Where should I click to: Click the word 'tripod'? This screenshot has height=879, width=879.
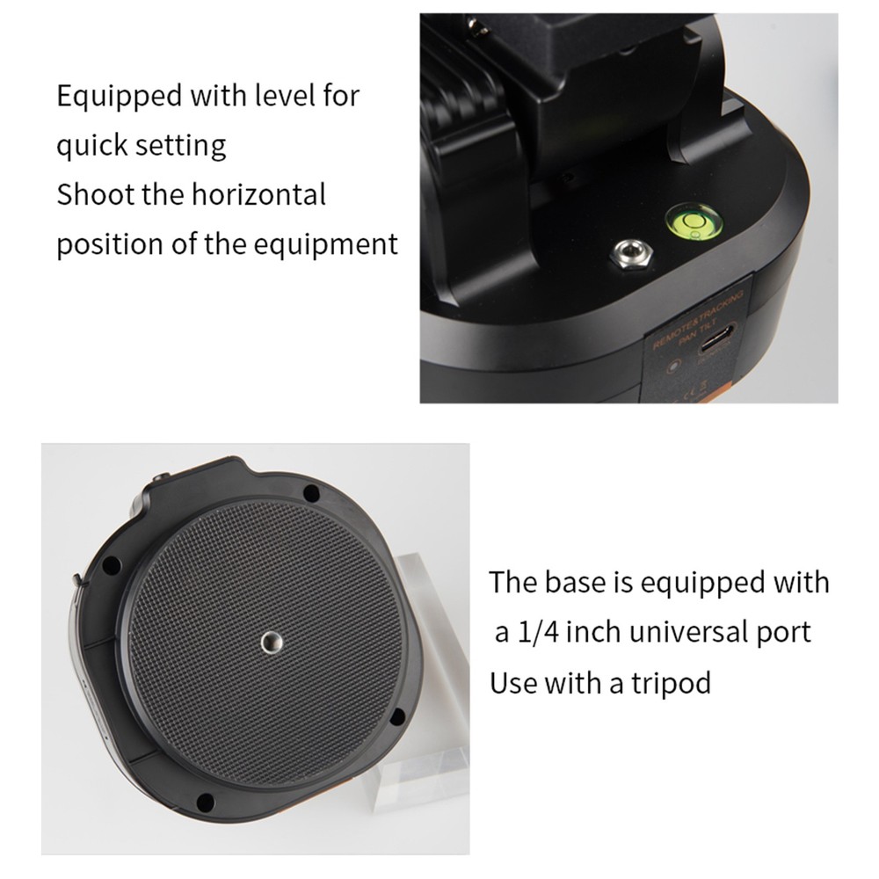point(671,682)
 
